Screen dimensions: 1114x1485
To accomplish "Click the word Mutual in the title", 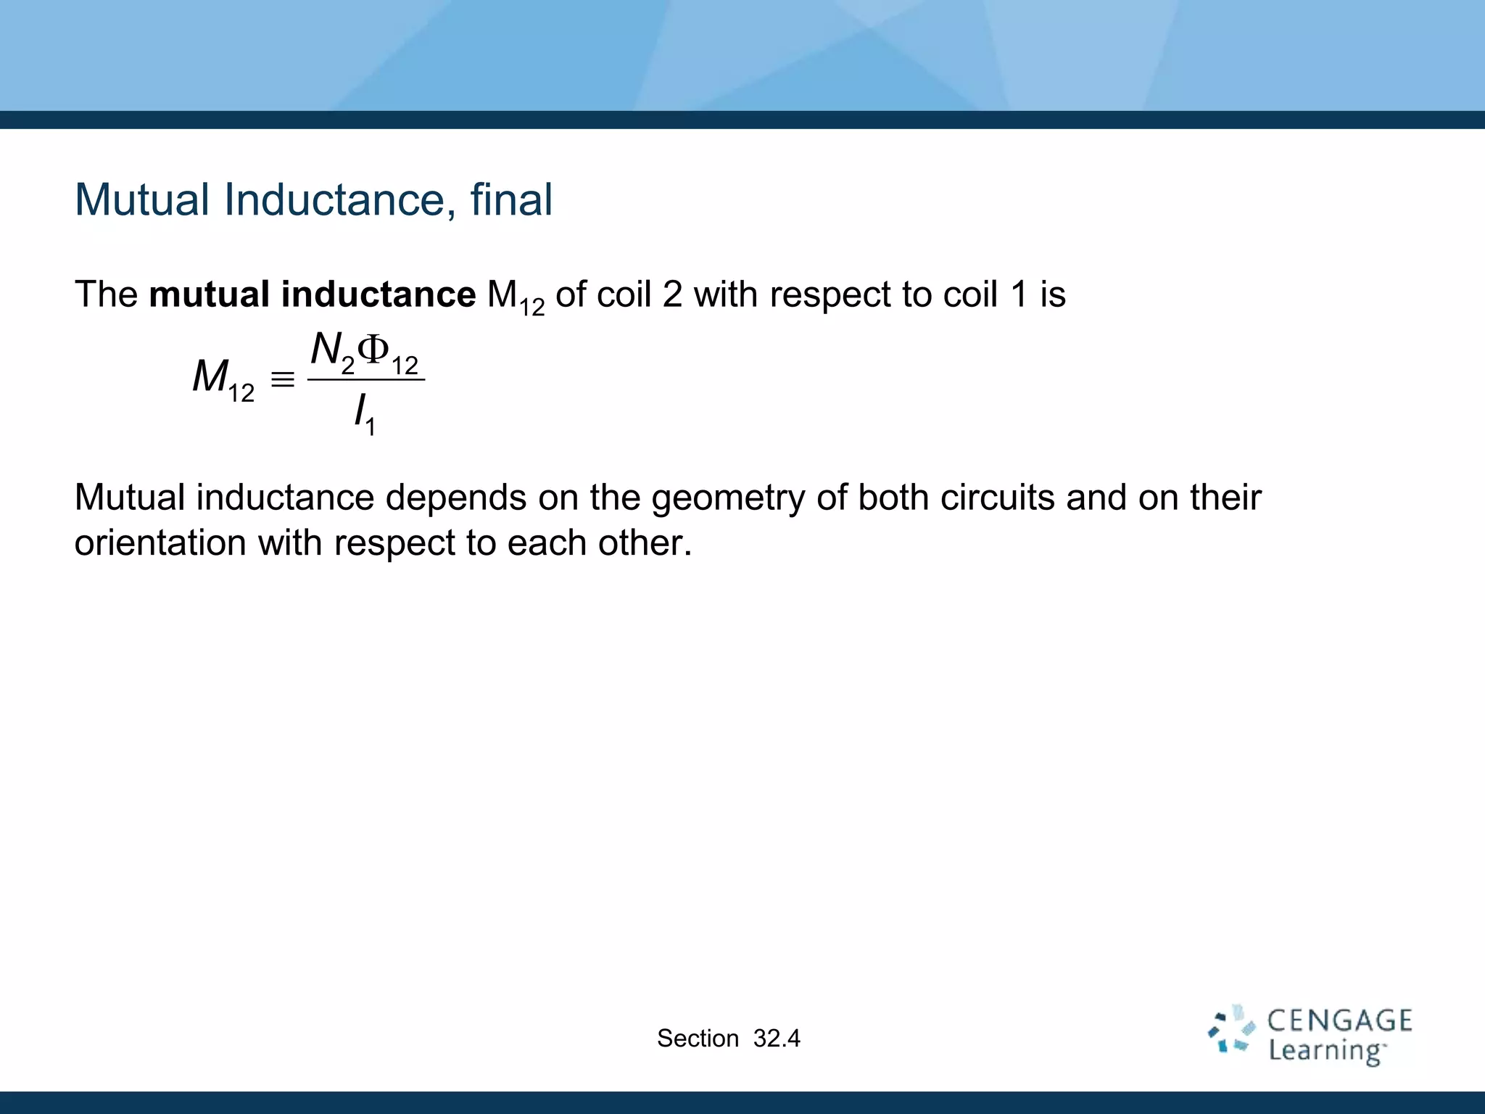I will click(x=142, y=199).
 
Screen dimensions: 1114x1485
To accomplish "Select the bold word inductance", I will click(x=379, y=294).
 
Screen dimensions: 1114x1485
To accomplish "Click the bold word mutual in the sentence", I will click(x=209, y=294).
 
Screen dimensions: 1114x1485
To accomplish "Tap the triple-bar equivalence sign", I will click(x=282, y=379).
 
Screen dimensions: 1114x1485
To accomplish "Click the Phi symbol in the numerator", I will click(x=374, y=350).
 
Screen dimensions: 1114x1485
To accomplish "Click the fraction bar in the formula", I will click(x=366, y=379).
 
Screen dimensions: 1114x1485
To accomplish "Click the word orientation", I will click(x=160, y=543).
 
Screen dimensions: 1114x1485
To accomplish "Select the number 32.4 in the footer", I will click(x=777, y=1039).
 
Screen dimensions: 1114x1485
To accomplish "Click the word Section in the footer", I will click(x=698, y=1039).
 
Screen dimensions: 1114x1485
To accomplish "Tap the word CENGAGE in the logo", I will click(x=1339, y=1021).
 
